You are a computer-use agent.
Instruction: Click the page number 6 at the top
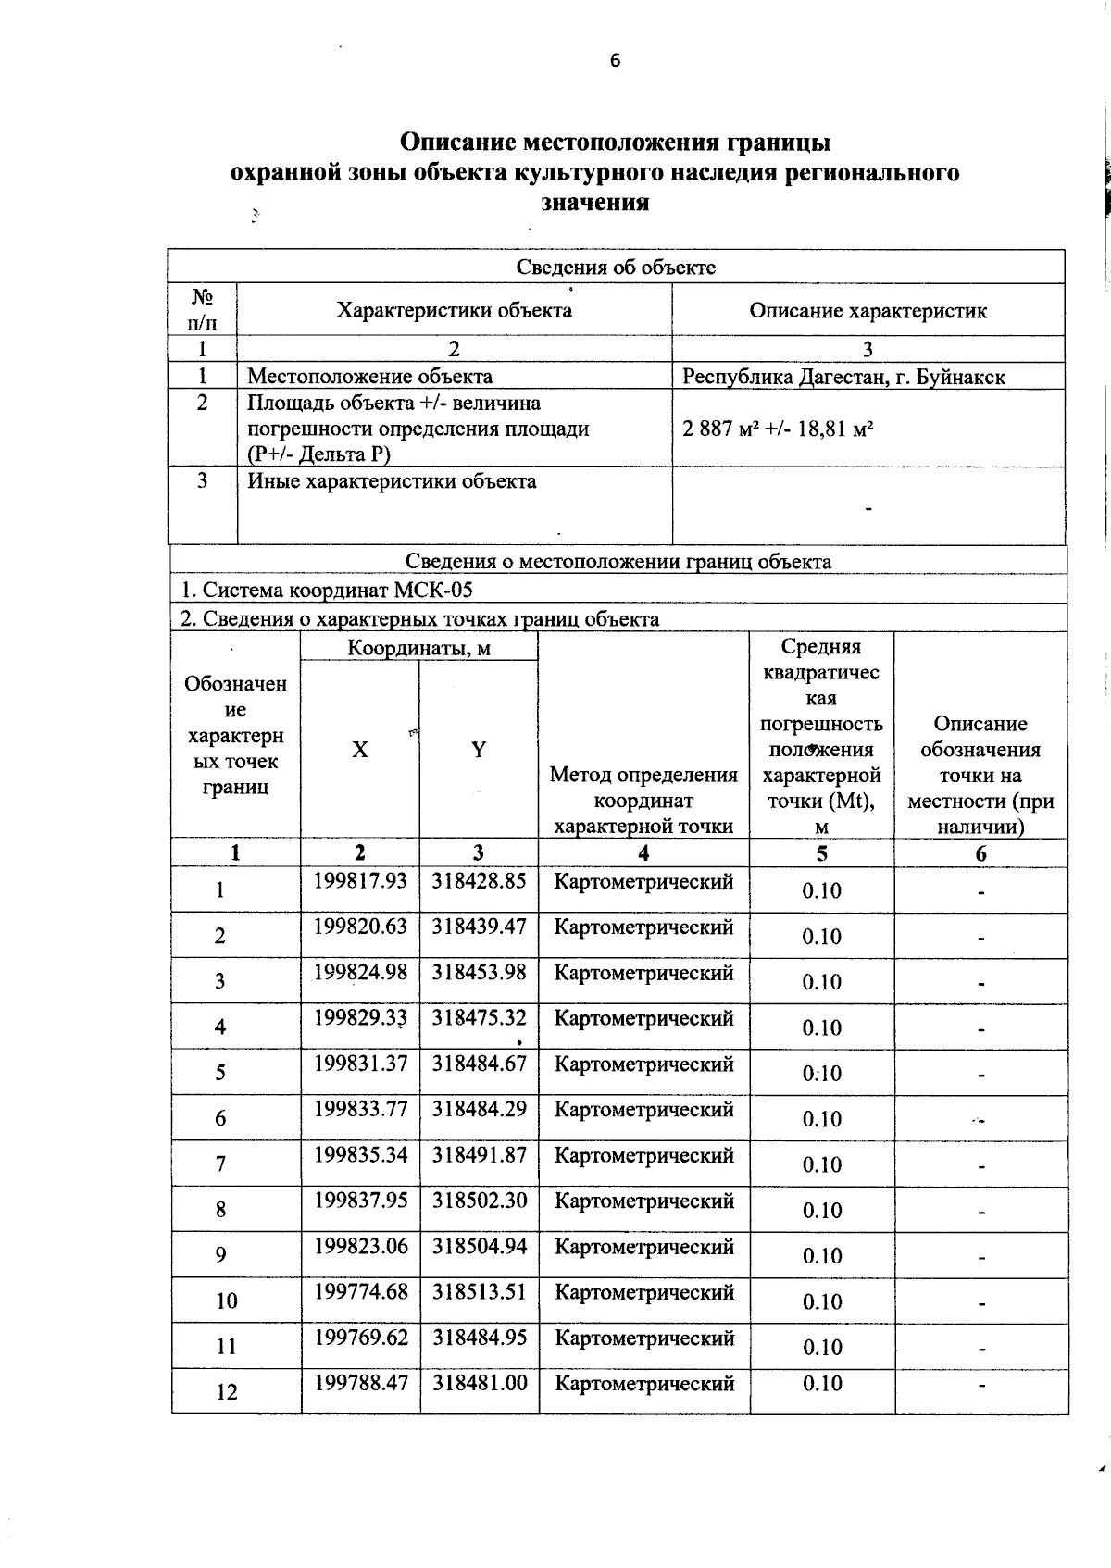615,61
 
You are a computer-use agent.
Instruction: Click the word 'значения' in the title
593,203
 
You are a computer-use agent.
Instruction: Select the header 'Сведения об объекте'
616,268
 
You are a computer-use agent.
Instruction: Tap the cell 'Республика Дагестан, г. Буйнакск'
843,377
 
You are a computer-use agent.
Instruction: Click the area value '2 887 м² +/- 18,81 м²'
779,429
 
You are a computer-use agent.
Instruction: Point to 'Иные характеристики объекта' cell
392,481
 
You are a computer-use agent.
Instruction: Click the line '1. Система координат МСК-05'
327,591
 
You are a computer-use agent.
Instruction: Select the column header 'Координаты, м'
418,648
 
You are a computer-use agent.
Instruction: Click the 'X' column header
359,750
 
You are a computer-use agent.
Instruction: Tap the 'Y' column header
478,750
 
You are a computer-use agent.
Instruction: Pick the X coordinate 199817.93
360,881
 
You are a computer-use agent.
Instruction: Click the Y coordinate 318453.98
479,972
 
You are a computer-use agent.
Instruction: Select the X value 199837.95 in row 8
360,1201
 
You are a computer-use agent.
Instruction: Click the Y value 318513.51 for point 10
479,1291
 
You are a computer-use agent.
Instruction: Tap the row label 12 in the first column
226,1391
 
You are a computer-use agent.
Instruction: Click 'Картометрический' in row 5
643,1064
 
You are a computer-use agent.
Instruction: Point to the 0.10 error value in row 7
821,1164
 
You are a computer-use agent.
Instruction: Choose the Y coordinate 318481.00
479,1383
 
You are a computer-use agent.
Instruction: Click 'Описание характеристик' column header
868,311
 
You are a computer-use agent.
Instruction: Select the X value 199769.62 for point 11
360,1338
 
